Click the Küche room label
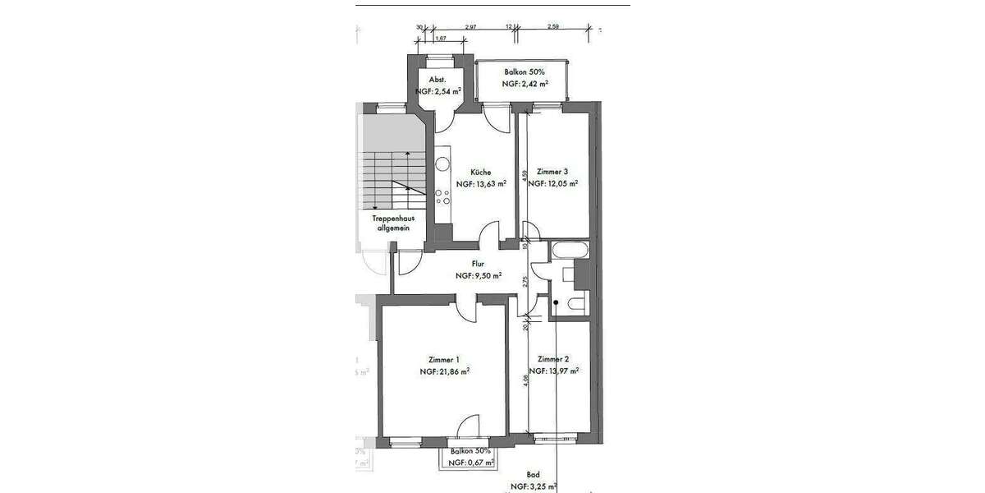pyautogui.click(x=480, y=172)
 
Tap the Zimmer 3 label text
pyautogui.click(x=552, y=172)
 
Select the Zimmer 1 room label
pyautogui.click(x=444, y=359)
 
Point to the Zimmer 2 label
pyautogui.click(x=553, y=359)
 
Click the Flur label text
pyautogui.click(x=478, y=265)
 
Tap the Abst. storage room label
pyautogui.click(x=438, y=80)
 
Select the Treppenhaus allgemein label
pyautogui.click(x=392, y=224)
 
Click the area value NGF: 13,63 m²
pyautogui.click(x=480, y=184)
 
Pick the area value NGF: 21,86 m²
pyautogui.click(x=444, y=371)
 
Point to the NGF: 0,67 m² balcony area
pyautogui.click(x=470, y=463)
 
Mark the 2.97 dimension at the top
pyautogui.click(x=470, y=27)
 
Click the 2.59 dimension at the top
pyautogui.click(x=552, y=27)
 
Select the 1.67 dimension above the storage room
pyautogui.click(x=440, y=38)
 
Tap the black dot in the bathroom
pyautogui.click(x=556, y=303)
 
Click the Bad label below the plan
pyautogui.click(x=533, y=475)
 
